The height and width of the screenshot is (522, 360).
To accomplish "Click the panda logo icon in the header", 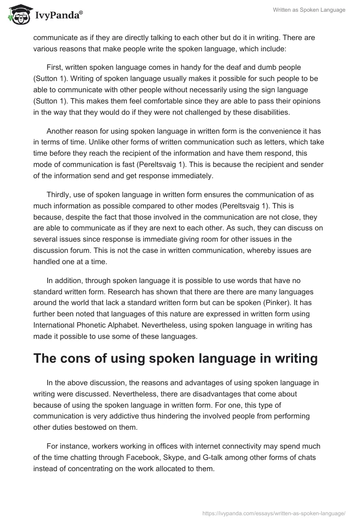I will click(x=18, y=15).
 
